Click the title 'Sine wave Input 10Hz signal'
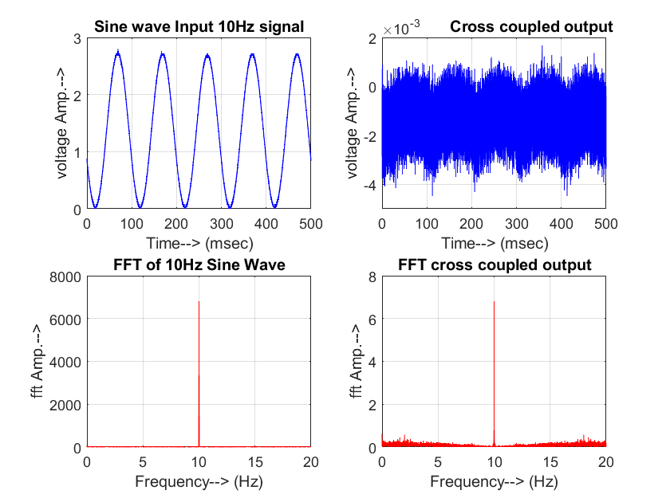coord(199,26)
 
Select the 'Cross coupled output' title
coord(531,26)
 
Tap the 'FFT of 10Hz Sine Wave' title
coord(199,265)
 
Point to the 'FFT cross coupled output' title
coord(495,265)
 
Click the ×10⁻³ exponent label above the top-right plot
coord(401,29)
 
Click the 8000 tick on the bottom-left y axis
coord(66,276)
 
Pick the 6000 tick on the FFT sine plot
coord(66,320)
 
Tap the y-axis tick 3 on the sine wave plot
coord(77,38)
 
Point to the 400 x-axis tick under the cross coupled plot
coord(562,224)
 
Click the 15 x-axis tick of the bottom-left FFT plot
coord(254,462)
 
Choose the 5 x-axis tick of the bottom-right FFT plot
coord(438,462)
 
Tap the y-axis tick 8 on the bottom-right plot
coord(372,276)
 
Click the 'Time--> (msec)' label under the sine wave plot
coord(199,243)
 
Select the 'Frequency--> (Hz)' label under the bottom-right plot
coord(494,481)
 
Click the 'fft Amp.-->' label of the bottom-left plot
coord(37,362)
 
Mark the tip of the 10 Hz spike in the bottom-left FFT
coord(199,302)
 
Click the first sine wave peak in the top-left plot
coord(118,52)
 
